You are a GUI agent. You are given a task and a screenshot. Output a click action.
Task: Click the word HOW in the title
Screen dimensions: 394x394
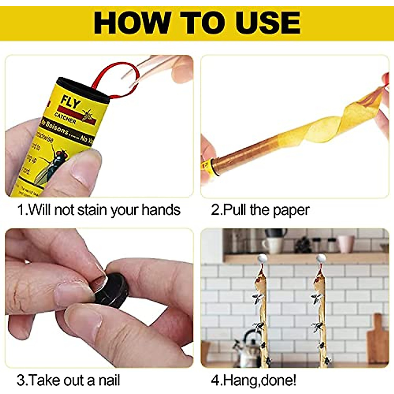(x=132, y=23)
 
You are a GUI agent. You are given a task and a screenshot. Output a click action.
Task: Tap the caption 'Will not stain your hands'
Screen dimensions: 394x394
(x=98, y=210)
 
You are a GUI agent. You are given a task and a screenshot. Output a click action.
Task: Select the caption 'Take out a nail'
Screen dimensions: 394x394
(x=68, y=380)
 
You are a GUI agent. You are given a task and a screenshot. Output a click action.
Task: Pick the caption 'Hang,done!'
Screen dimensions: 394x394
(x=253, y=380)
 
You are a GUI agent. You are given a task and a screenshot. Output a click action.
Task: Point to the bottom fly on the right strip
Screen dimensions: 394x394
(x=327, y=360)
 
